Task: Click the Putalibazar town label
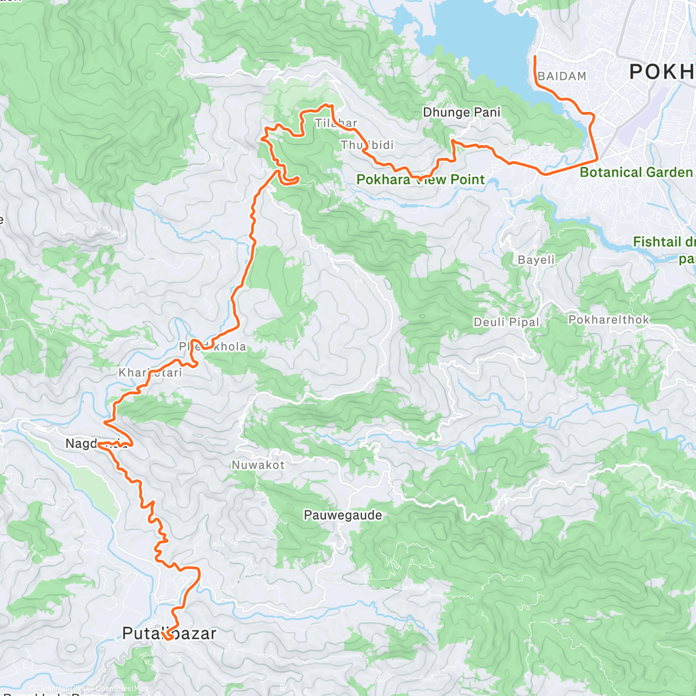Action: tap(169, 633)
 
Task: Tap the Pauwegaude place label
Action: tap(343, 515)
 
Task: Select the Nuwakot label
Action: tap(258, 465)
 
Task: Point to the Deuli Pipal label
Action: tap(506, 322)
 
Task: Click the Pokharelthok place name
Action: tap(608, 320)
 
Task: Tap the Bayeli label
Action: tap(536, 260)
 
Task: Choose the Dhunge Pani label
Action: tap(462, 113)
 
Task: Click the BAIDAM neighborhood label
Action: tap(561, 77)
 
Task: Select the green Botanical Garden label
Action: tap(636, 172)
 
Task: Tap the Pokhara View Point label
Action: tap(420, 180)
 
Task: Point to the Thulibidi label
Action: tap(367, 145)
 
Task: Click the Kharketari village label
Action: tap(150, 373)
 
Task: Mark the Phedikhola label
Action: tap(212, 347)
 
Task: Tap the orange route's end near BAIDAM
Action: tap(534, 56)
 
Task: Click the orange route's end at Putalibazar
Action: tap(165, 639)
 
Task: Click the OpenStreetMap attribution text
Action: tap(122, 689)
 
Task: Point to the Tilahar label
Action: tap(336, 123)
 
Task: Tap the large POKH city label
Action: tap(662, 72)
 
